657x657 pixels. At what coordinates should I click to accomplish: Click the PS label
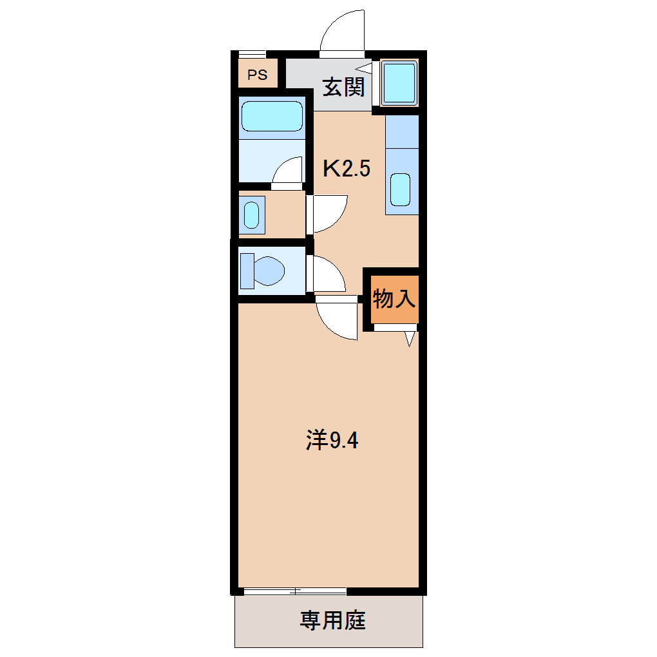pyautogui.click(x=257, y=75)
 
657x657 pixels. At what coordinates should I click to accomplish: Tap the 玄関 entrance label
pyautogui.click(x=343, y=86)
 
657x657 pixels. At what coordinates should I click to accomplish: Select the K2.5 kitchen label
pyautogui.click(x=347, y=169)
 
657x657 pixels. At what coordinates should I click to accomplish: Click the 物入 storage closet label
pyautogui.click(x=393, y=299)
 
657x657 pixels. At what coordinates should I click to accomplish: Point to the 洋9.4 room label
pyautogui.click(x=331, y=441)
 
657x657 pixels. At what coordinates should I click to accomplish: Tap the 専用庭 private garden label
pyautogui.click(x=332, y=621)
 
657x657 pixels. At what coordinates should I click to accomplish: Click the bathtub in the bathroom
pyautogui.click(x=272, y=117)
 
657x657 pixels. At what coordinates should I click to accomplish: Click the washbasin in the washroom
pyautogui.click(x=251, y=214)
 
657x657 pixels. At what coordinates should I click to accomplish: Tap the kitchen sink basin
pyautogui.click(x=401, y=190)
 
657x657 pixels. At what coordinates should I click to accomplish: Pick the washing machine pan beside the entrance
pyautogui.click(x=399, y=83)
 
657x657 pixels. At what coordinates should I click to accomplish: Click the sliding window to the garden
pyautogui.click(x=295, y=591)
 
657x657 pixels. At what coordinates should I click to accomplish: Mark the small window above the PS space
pyautogui.click(x=252, y=54)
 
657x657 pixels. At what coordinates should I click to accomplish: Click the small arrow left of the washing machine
pyautogui.click(x=365, y=67)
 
